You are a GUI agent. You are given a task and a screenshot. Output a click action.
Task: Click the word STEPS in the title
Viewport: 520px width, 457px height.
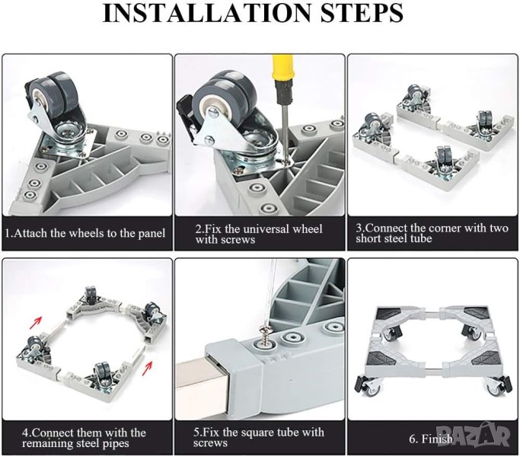pyautogui.click(x=362, y=13)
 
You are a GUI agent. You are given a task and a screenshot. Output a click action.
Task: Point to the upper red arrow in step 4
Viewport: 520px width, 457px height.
pyautogui.click(x=38, y=321)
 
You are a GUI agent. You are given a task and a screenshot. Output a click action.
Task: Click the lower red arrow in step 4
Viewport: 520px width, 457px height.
pyautogui.click(x=147, y=368)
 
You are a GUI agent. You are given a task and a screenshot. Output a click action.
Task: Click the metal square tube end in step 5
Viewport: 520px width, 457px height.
pyautogui.click(x=199, y=382)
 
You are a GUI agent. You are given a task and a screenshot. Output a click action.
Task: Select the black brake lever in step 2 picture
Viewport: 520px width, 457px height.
pyautogui.click(x=187, y=117)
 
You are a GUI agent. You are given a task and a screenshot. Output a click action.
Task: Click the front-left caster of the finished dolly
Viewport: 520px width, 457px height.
pyautogui.click(x=368, y=387)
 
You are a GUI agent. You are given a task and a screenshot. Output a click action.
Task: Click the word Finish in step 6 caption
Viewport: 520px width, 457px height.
pyautogui.click(x=437, y=439)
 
